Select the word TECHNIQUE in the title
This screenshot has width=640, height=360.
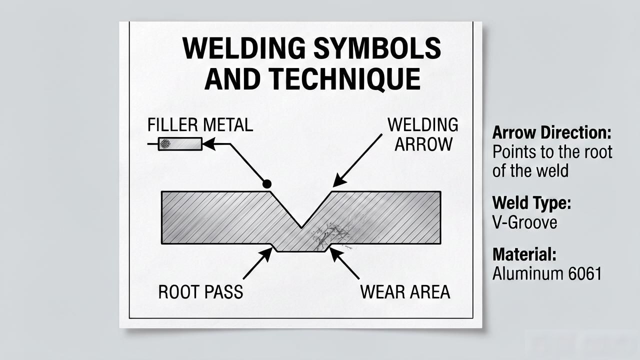(x=345, y=79)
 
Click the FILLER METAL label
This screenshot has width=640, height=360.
(x=200, y=125)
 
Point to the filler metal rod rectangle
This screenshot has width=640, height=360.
(x=180, y=144)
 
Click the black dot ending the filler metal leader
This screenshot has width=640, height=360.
(x=267, y=184)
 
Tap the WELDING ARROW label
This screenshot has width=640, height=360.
(x=423, y=134)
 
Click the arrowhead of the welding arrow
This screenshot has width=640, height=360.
(x=339, y=180)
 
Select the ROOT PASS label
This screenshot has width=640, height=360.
(x=200, y=292)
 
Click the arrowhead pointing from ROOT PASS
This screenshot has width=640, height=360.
(x=266, y=254)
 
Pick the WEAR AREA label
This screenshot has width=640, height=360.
(x=405, y=292)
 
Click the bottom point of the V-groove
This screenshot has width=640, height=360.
(x=301, y=227)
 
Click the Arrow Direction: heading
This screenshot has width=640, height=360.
(x=551, y=133)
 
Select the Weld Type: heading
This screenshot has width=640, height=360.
(x=531, y=203)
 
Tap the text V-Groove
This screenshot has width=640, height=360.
(x=524, y=222)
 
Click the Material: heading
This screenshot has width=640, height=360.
(x=524, y=254)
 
